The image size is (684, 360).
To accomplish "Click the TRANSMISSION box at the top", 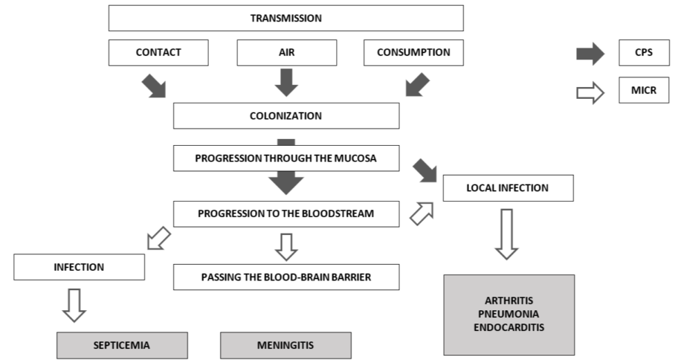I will coord(285,18).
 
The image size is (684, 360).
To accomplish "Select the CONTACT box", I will coord(158,53).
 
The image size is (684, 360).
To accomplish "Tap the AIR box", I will coord(286,53).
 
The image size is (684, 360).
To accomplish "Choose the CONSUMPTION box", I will coord(413,53).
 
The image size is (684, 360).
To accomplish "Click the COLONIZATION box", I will coord(285,115).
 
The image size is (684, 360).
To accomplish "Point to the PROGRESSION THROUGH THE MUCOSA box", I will coord(285,158).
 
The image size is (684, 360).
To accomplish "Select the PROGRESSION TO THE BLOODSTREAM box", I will coord(285,213).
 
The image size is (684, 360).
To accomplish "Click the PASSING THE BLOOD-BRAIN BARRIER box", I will coord(285,277).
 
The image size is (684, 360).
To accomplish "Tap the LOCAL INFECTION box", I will coord(508,188).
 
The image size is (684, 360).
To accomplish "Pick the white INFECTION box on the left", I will coord(79,266).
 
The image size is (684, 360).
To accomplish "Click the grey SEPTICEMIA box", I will coord(121,345).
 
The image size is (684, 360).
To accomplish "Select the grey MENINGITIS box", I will coord(285,345).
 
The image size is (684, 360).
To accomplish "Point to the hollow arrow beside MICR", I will coord(591,93).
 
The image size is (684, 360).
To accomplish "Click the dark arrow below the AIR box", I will coord(286,82).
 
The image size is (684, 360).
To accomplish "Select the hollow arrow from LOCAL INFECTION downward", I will coord(506,234).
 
